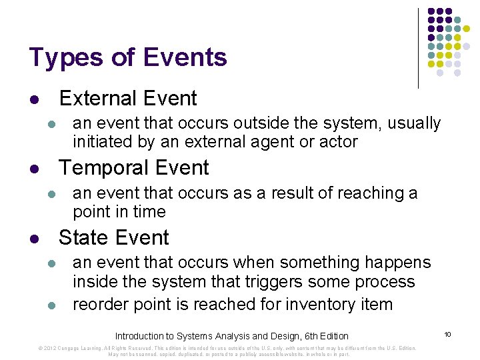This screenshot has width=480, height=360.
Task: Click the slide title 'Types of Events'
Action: click(128, 58)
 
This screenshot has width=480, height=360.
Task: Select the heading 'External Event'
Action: click(128, 99)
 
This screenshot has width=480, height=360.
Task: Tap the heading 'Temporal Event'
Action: click(134, 168)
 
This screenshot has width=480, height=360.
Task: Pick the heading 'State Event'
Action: click(114, 238)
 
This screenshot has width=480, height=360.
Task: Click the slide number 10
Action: click(448, 333)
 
